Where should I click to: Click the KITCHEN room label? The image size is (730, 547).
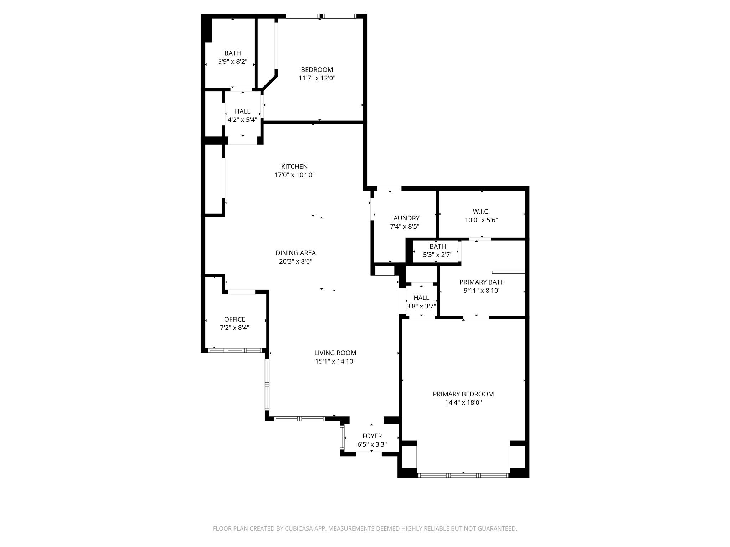294,166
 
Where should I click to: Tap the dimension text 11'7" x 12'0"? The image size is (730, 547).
317,78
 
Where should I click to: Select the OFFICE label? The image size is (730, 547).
235,319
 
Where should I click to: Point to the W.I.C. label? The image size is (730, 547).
481,212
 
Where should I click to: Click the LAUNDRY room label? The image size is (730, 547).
405,218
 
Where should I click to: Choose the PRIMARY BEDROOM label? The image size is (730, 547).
463,394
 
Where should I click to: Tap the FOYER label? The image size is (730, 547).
372,436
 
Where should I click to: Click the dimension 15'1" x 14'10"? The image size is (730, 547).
335,361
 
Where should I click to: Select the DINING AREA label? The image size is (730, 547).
295,253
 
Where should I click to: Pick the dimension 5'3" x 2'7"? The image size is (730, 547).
437,255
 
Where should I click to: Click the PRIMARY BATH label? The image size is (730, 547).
482,282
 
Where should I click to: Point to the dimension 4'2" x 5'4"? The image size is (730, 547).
242,120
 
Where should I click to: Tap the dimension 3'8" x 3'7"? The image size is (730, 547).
421,306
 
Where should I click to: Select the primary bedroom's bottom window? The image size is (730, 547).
463,475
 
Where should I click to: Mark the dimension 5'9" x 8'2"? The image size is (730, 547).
232,62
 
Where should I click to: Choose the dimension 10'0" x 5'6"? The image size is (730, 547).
481,220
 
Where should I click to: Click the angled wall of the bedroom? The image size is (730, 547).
270,81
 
